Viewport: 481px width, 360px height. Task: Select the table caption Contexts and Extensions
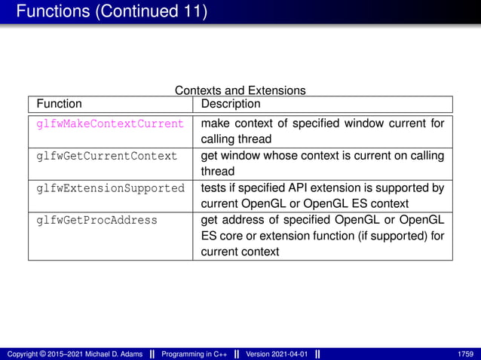240,90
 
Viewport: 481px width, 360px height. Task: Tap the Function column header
60,104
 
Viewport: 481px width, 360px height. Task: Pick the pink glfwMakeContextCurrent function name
110,124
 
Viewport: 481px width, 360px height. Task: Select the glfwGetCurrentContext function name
107,157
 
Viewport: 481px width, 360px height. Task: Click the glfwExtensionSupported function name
110,188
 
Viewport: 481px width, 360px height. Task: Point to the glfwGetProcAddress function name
97,221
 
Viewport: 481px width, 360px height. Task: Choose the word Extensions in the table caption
277,90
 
